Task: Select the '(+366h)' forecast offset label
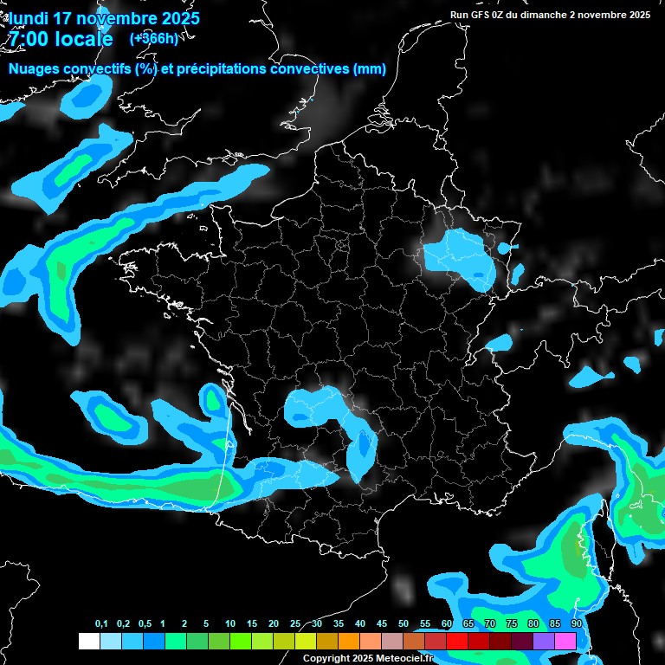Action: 154,38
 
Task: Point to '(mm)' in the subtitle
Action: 370,69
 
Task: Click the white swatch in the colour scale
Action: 88,641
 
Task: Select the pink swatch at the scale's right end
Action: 565,641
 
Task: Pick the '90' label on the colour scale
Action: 576,624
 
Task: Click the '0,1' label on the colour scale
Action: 101,624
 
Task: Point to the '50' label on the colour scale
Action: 404,624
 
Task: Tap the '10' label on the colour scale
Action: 230,624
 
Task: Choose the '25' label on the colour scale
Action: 295,624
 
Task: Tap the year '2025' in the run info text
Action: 638,15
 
